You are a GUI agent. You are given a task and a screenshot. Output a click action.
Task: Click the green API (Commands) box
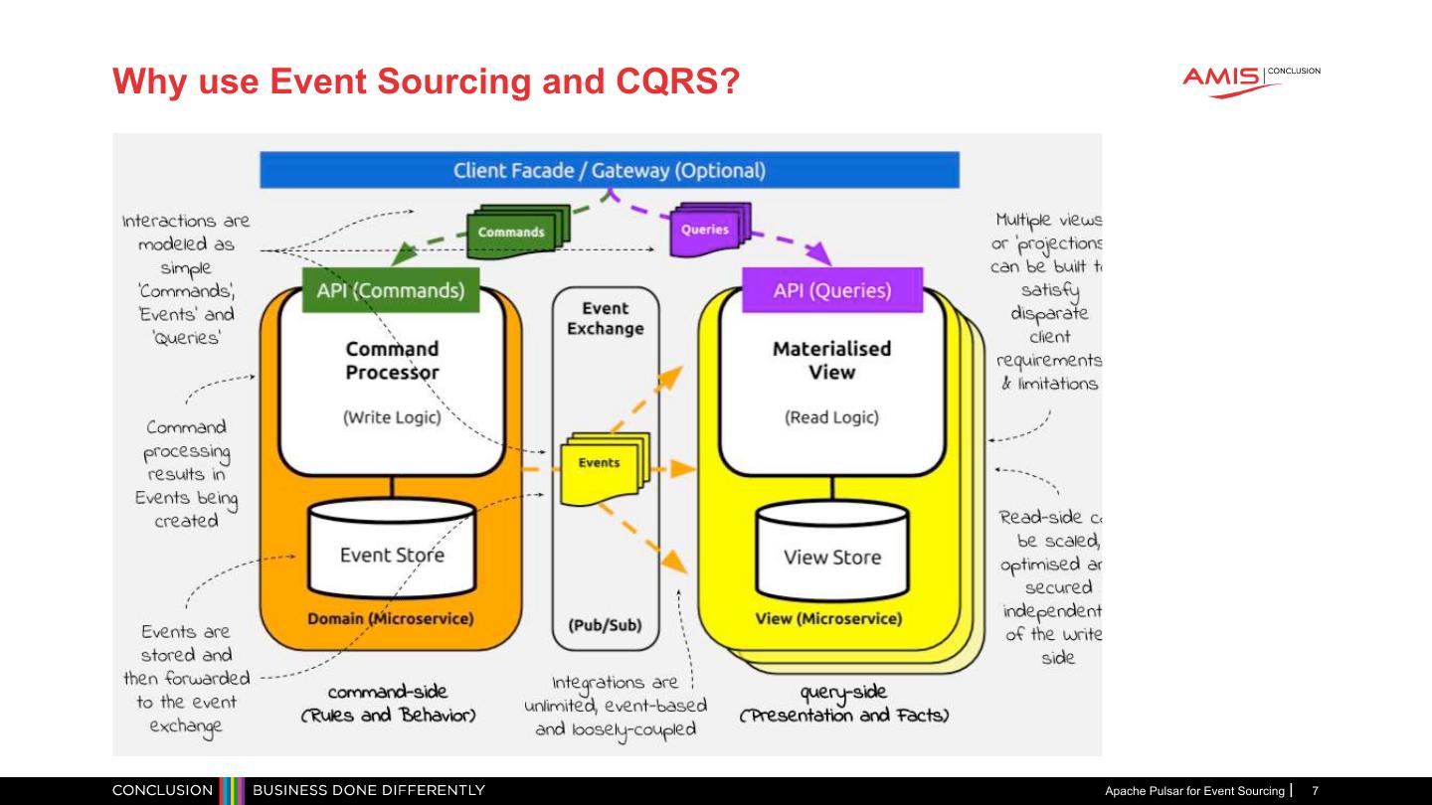[390, 291]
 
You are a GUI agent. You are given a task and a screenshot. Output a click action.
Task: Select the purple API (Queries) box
[832, 290]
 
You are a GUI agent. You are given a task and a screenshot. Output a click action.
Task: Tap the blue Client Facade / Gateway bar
[609, 170]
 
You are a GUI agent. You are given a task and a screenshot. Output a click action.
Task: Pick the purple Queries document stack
[709, 228]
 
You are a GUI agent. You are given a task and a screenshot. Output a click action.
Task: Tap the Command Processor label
[392, 361]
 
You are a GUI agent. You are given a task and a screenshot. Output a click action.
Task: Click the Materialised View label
[831, 361]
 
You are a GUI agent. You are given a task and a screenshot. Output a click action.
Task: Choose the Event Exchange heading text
[605, 319]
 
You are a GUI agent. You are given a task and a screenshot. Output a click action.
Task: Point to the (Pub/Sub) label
[605, 625]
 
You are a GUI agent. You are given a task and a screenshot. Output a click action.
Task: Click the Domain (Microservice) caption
[391, 618]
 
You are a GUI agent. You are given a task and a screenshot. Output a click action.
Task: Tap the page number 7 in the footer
[1315, 791]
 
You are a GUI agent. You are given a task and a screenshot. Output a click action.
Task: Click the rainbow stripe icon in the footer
[232, 791]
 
